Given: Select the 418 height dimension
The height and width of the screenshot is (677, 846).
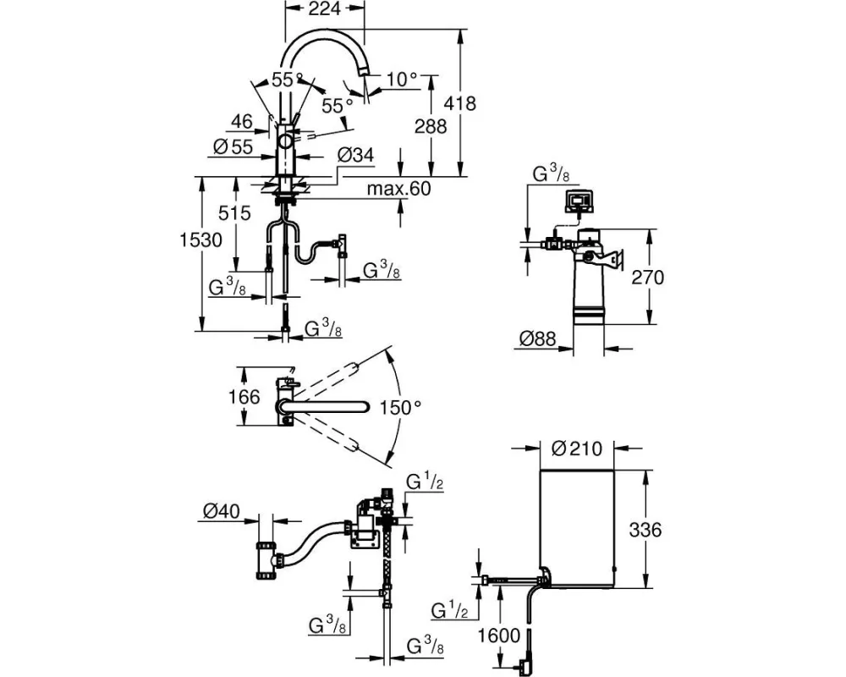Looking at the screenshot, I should [459, 103].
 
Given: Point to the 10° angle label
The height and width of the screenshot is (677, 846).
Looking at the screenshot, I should [402, 79].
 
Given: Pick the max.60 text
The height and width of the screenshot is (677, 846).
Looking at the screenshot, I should [398, 189].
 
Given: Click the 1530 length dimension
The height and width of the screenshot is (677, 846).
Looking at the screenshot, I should [202, 239].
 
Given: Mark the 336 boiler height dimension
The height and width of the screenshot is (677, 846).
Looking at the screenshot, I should [643, 531].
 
